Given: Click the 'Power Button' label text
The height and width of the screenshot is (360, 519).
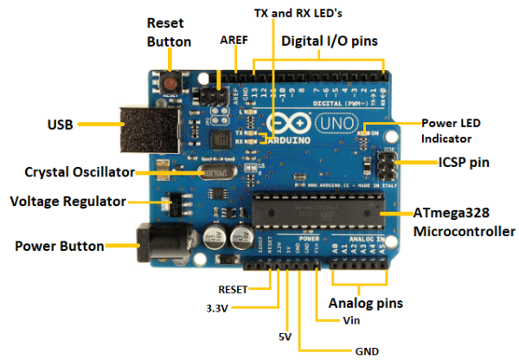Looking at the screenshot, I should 59,246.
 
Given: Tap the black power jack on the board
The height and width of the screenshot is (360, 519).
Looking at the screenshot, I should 156,245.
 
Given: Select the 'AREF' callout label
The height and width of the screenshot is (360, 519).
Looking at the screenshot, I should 234,40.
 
